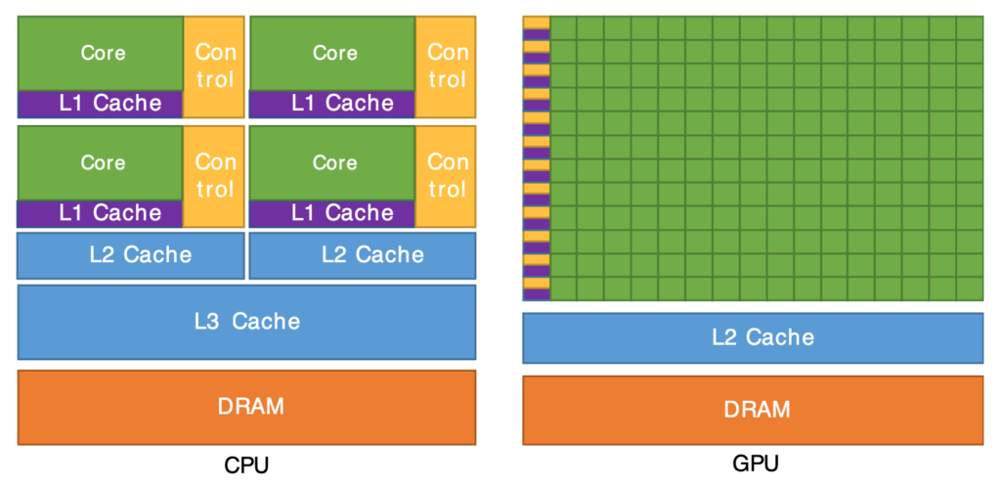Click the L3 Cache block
click(x=246, y=322)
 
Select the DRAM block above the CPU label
click(x=246, y=407)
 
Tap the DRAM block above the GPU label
click(x=753, y=410)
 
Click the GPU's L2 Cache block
click(x=753, y=337)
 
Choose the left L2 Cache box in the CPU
click(x=131, y=255)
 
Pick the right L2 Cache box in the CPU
click(x=363, y=255)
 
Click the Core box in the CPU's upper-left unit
click(x=101, y=53)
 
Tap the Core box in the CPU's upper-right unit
click(x=333, y=53)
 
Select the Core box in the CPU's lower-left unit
click(x=101, y=162)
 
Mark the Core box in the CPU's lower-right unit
click(x=333, y=162)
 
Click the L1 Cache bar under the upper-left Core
click(x=101, y=103)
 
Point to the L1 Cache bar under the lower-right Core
click(x=333, y=212)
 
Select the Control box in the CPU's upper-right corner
click(x=447, y=66)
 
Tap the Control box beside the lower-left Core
click(x=214, y=175)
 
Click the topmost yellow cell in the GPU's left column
click(x=536, y=22)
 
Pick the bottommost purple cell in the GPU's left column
click(x=536, y=294)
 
